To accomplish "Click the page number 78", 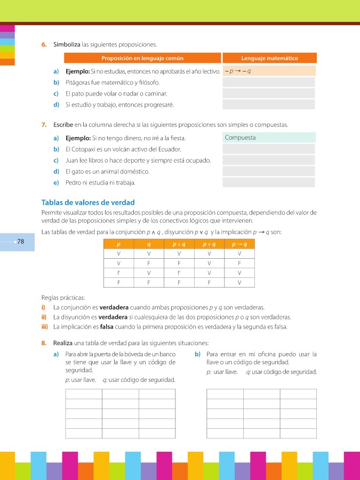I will pos(21,242).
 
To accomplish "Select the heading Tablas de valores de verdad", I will pos(88,203).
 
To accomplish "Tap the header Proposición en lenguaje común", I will pos(142,58).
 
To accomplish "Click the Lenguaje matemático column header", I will pos(269,58).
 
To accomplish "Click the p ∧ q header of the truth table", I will pos(179,244).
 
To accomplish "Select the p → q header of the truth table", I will pos(239,244).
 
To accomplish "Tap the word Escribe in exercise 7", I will pos(63,125).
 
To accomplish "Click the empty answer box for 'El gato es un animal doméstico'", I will pos(269,171).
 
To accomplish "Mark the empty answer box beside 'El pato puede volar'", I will pos(269,93).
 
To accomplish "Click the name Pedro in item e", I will pos(73,182).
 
